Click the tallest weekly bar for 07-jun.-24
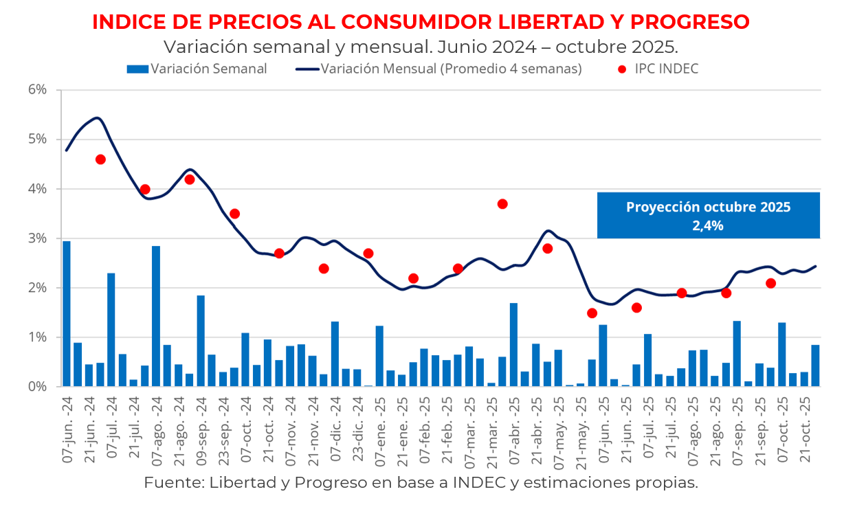[x=67, y=313]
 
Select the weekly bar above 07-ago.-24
[x=156, y=316]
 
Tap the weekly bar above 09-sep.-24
[x=201, y=341]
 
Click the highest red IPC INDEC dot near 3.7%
[x=502, y=204]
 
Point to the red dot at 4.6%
[x=100, y=159]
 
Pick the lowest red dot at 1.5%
[x=592, y=313]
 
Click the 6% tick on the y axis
[x=37, y=90]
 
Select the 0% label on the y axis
[x=37, y=387]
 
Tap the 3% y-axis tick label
[x=37, y=238]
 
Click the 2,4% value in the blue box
[x=708, y=225]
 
